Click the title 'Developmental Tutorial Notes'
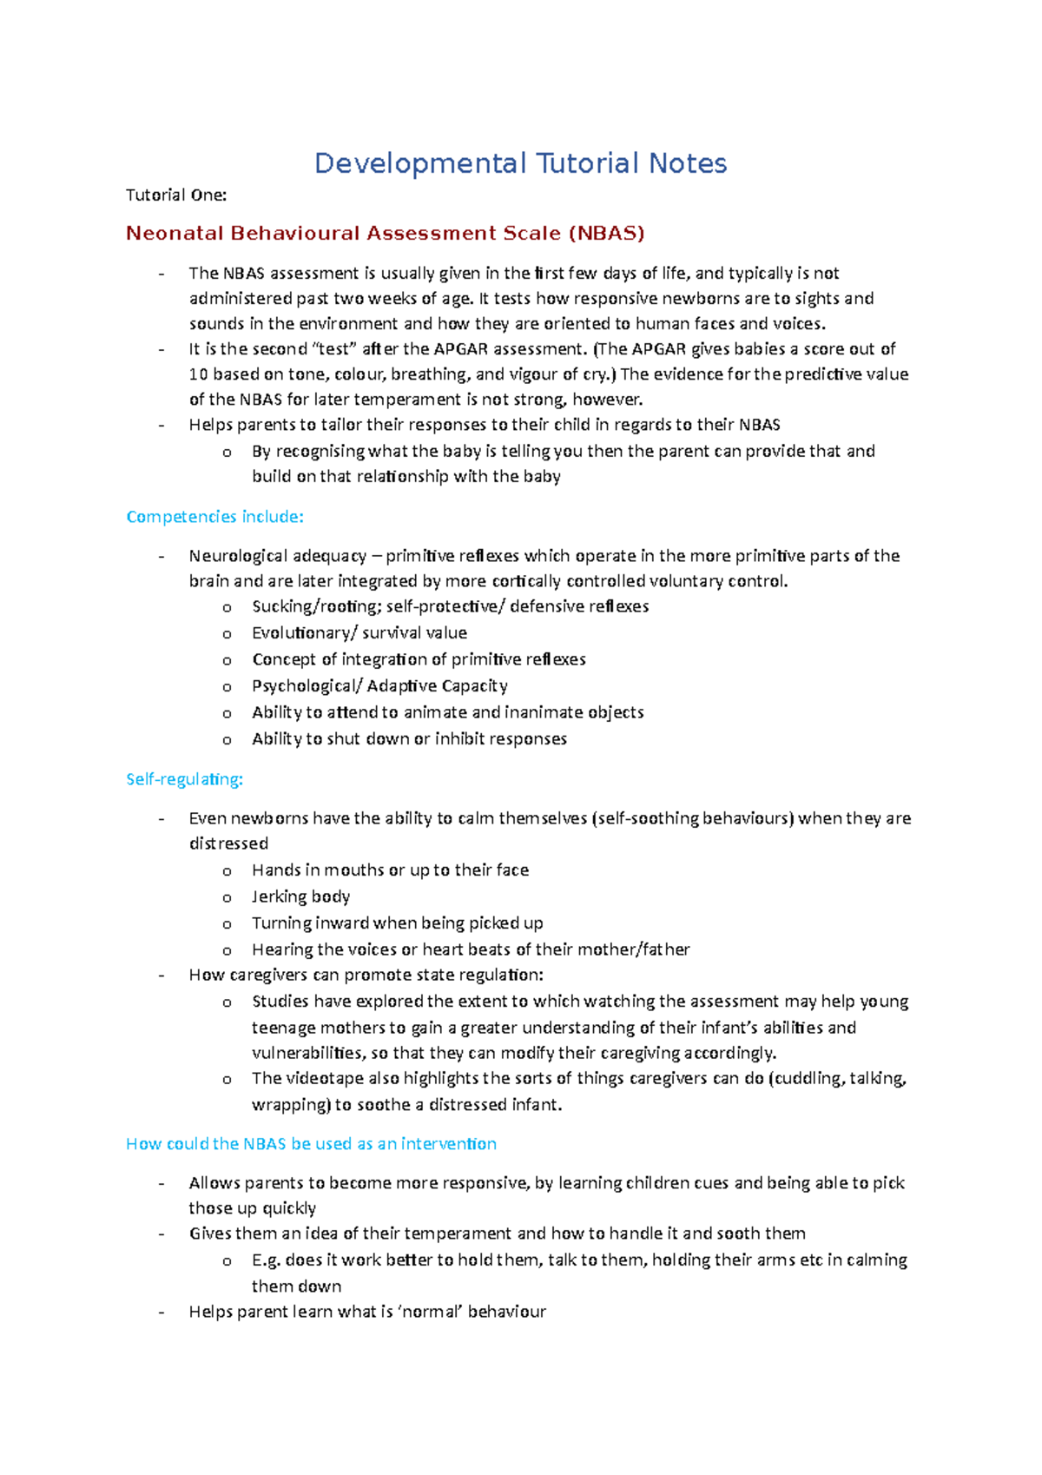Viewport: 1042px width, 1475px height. (520, 163)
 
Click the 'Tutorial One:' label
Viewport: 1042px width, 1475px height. (176, 195)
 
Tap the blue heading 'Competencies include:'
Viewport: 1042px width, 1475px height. (214, 517)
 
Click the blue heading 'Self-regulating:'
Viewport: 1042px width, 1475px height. (184, 779)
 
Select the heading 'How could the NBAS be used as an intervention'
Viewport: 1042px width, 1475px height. (311, 1144)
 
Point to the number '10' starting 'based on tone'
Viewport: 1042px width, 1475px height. (198, 374)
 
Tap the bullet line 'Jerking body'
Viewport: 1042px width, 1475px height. (300, 896)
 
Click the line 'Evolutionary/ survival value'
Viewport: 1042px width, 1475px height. (359, 633)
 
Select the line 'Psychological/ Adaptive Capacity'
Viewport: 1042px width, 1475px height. (379, 686)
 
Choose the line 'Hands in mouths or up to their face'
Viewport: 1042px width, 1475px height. (390, 870)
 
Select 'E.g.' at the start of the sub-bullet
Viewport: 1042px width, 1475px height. (266, 1260)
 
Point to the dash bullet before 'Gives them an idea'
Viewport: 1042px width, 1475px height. (161, 1234)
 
